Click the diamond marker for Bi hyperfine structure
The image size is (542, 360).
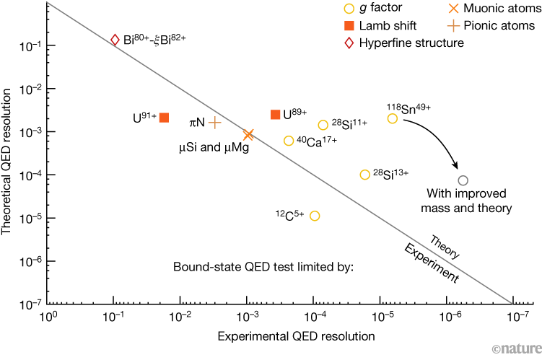coord(115,40)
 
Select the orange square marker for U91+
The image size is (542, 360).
coord(164,118)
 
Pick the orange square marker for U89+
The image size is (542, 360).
coord(275,114)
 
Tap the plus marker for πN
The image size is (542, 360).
coord(214,123)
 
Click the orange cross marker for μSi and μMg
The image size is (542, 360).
coord(248,134)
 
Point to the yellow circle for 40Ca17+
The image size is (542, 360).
coord(289,141)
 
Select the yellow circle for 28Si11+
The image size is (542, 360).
coord(323,125)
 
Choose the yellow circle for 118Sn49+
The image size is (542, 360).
coord(393,118)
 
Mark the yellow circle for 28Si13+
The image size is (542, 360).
coord(365,175)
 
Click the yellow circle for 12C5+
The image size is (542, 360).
coord(314,216)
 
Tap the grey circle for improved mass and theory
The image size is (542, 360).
coord(463,180)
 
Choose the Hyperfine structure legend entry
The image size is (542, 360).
coord(404,43)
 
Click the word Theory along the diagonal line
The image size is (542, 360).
coord(445,245)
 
